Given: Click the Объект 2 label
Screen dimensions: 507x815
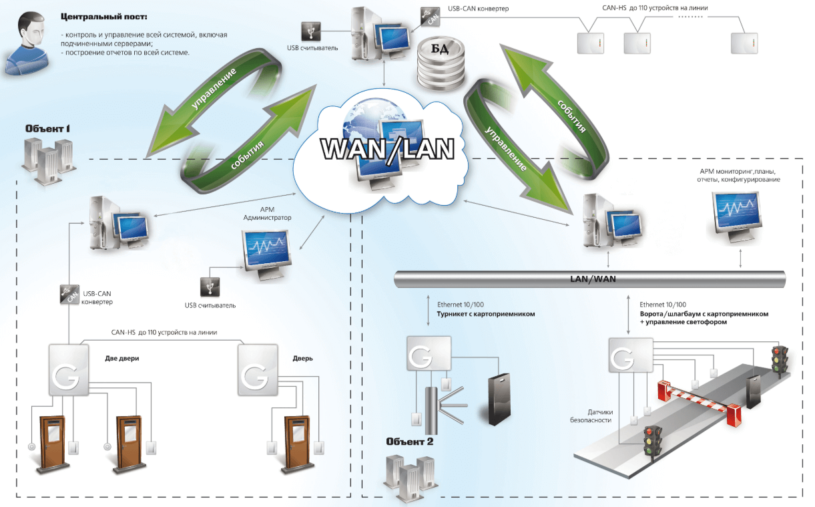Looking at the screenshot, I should click(x=410, y=442).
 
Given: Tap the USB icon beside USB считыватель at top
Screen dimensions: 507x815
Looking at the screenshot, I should click(x=311, y=31).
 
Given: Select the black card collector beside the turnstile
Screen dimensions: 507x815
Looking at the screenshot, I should click(x=499, y=399).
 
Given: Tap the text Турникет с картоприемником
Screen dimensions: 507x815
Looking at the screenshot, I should click(x=485, y=313).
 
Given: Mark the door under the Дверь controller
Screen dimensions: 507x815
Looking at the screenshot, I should click(x=297, y=441).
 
